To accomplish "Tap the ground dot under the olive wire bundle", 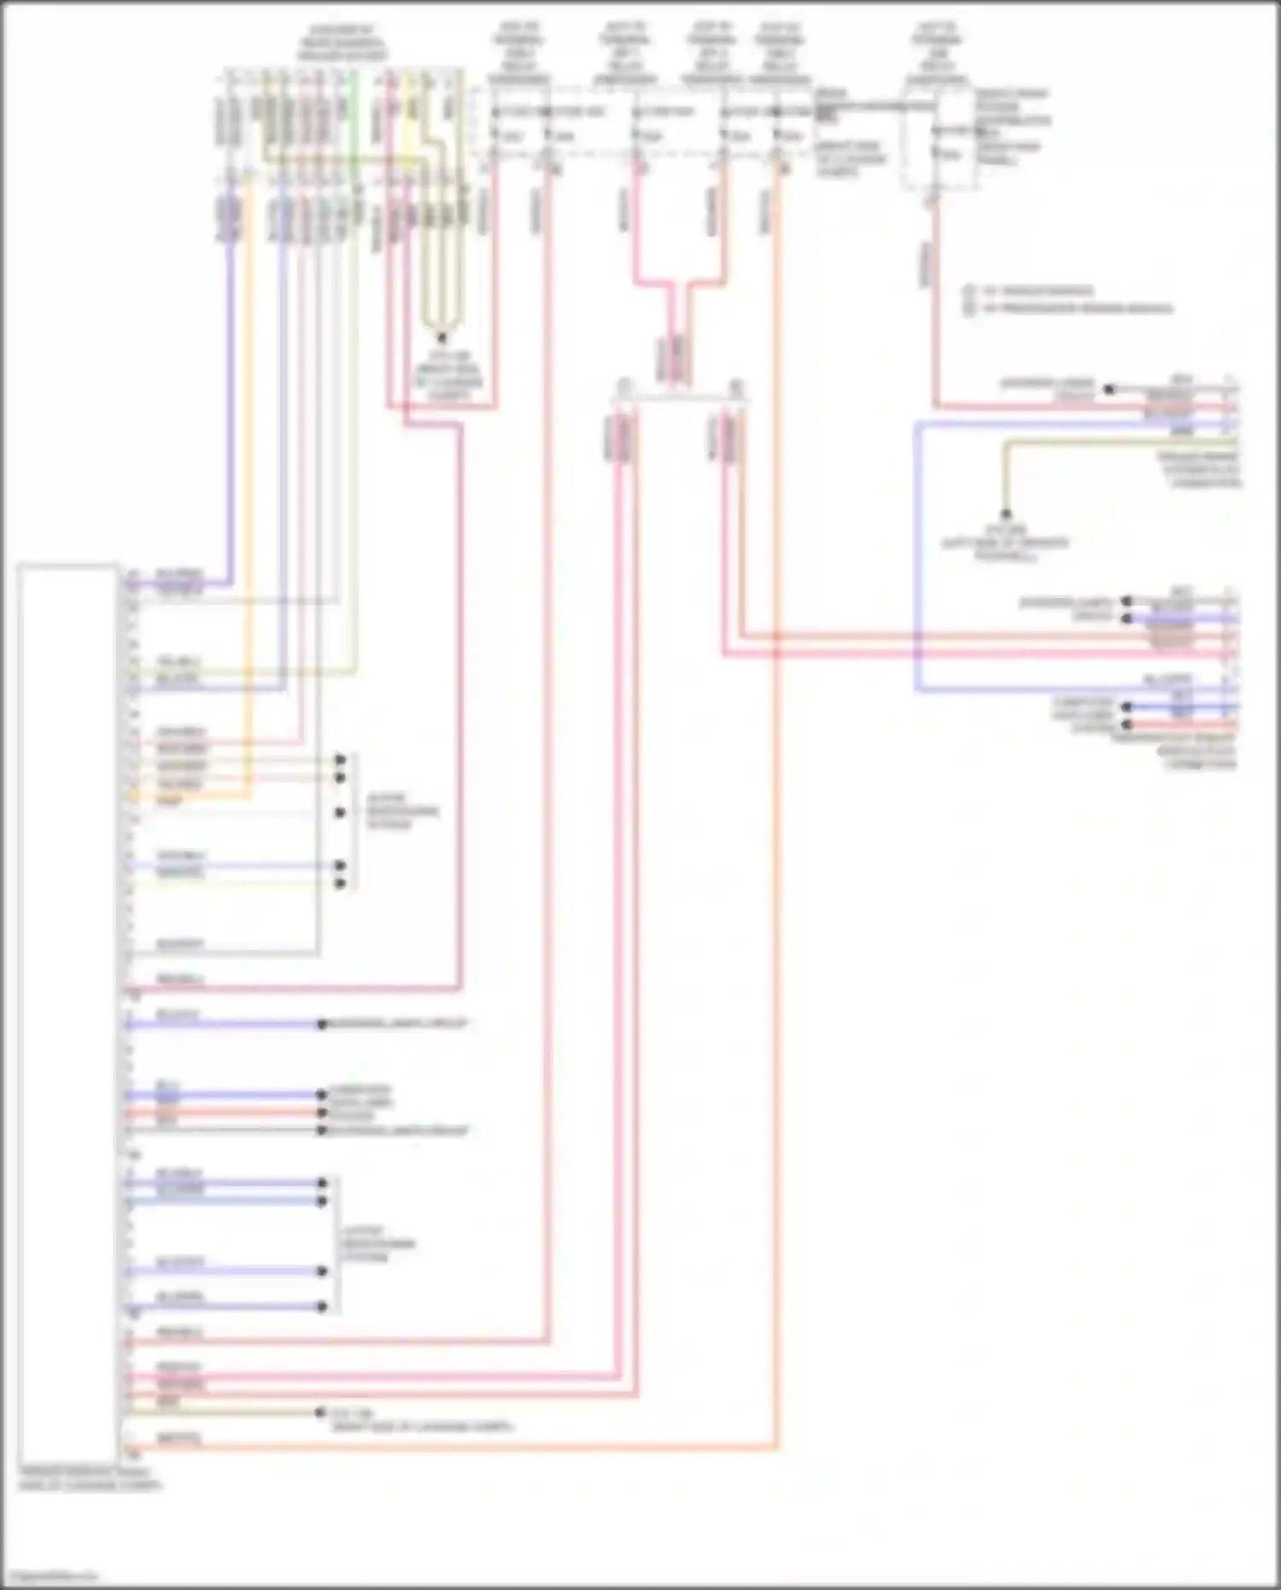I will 442,338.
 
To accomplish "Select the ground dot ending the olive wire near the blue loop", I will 1006,514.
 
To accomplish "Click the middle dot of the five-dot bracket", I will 340,813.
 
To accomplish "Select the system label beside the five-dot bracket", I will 401,812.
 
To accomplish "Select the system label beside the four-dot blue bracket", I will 379,1244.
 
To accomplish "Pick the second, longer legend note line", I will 1076,308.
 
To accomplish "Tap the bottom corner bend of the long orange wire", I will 775,1447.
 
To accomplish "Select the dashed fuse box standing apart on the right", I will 939,141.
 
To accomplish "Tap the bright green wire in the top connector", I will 355,128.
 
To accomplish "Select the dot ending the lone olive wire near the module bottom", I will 321,1413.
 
